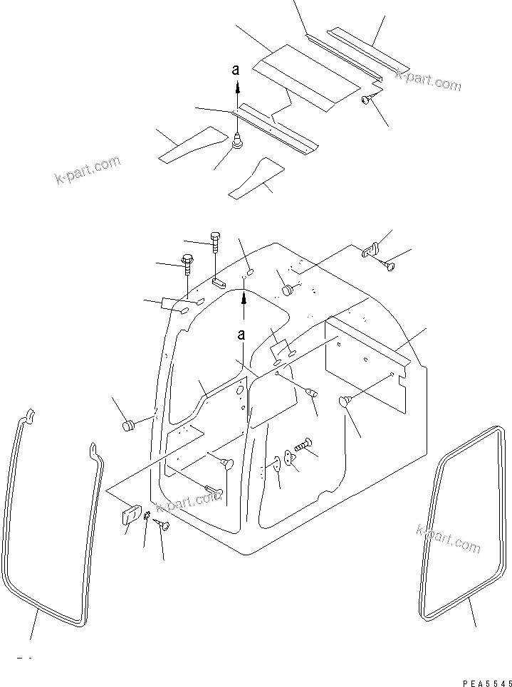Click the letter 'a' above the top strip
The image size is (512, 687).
(237, 70)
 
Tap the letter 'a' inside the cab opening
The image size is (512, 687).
(243, 334)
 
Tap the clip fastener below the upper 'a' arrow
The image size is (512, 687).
(238, 143)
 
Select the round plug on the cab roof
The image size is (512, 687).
(288, 290)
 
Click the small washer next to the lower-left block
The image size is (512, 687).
(147, 517)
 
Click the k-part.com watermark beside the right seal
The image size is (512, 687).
(447, 539)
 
